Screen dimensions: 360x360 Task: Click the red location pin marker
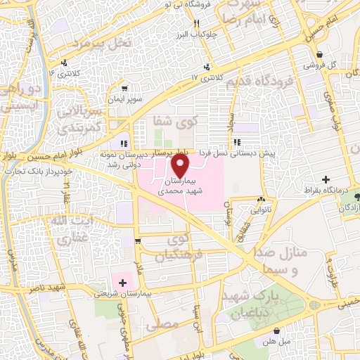click(x=181, y=165)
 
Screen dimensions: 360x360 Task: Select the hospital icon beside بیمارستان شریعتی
click(x=123, y=283)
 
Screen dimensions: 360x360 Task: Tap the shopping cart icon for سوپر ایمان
click(x=124, y=89)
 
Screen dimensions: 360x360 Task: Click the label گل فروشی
click(x=319, y=64)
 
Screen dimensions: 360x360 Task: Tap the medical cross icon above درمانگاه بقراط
click(x=326, y=180)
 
